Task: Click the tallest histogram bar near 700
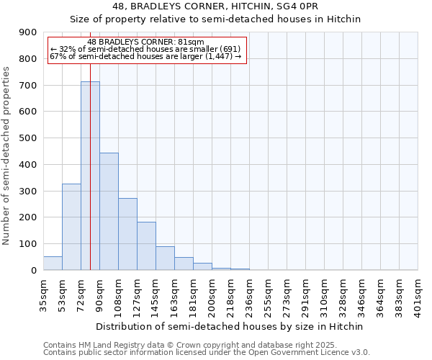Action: coord(90,176)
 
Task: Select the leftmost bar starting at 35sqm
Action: coord(53,263)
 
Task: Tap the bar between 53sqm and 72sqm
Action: coord(71,227)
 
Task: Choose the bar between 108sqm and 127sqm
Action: coord(127,234)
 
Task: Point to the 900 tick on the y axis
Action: coord(27,32)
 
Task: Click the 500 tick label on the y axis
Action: coord(27,138)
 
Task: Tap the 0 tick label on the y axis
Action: coord(34,270)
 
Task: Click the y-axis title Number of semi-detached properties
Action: coord(7,156)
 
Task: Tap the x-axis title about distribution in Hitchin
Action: coord(230,326)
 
